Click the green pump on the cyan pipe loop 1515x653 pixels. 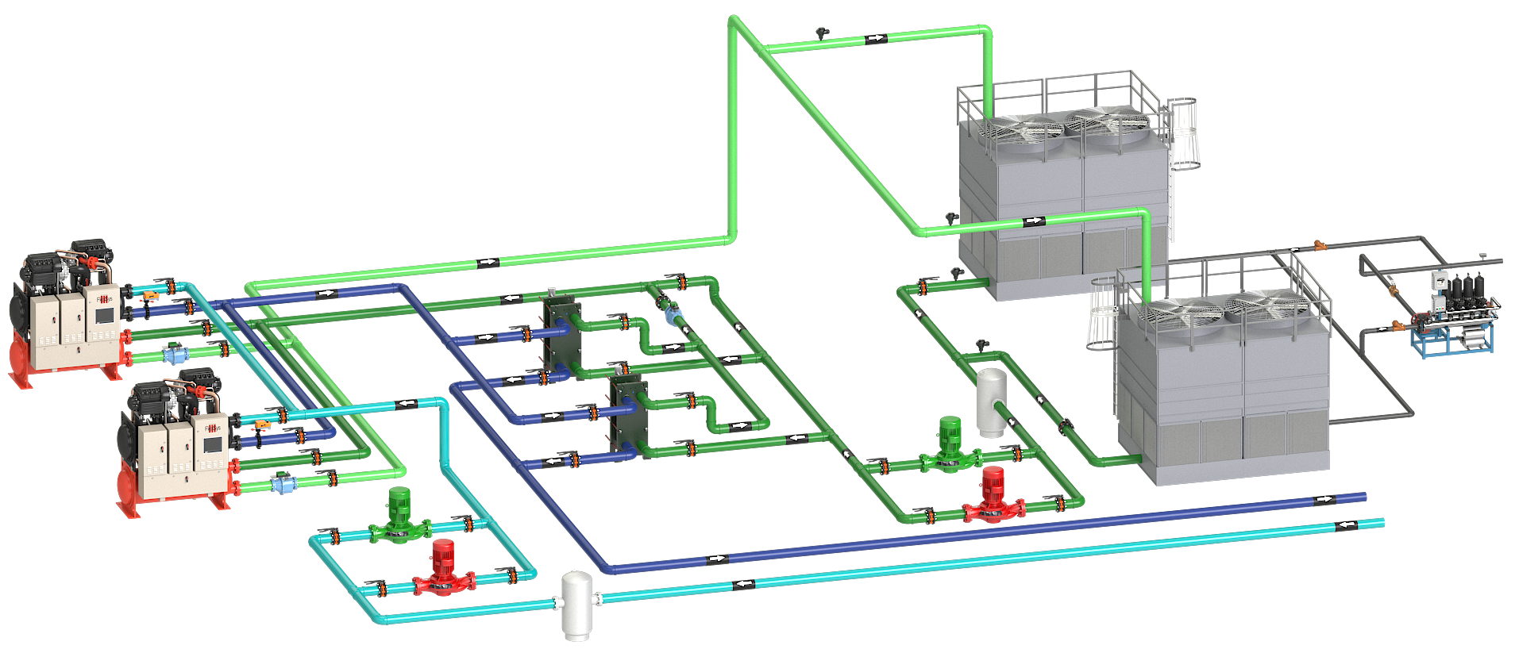coord(399,516)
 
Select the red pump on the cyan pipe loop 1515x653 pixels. coord(443,568)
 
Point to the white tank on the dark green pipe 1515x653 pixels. coord(991,401)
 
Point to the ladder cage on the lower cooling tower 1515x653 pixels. coord(1102,315)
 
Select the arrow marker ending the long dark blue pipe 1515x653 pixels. coord(1323,500)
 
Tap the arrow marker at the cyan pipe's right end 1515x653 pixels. coord(1345,526)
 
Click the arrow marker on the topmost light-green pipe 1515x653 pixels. coord(875,38)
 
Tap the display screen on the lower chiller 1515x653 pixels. coord(212,444)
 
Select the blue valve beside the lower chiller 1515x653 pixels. coord(280,483)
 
